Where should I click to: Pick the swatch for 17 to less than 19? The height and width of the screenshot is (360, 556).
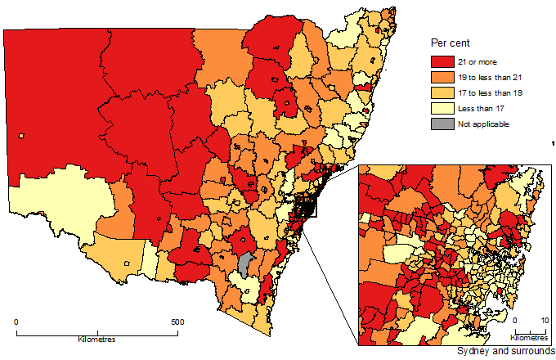442,92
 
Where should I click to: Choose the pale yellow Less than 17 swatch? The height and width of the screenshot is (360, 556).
442,108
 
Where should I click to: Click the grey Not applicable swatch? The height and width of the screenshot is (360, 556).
442,124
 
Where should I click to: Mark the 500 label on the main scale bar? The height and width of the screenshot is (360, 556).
177,322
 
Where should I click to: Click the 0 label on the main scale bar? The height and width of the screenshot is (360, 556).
17,322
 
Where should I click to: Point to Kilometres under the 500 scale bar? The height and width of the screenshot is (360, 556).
96,339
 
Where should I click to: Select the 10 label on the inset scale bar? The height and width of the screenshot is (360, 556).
544,322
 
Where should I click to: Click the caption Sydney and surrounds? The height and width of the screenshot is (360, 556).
505,351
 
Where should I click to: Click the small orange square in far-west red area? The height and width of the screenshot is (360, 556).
22,136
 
